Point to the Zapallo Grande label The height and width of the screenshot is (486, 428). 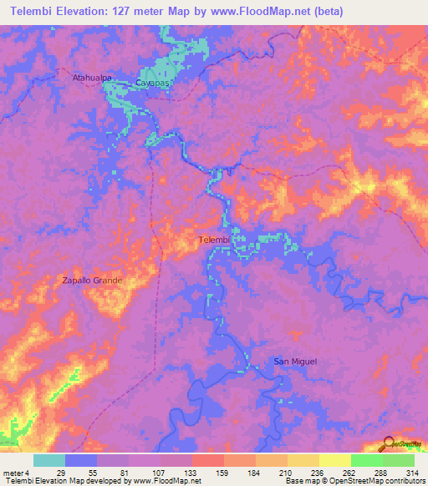pos(93,281)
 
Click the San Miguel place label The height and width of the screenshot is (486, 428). pos(294,361)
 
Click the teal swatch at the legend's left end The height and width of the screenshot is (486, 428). pos(49,460)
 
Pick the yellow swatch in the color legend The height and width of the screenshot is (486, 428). pos(335,460)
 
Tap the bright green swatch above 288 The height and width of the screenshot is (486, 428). pos(367,460)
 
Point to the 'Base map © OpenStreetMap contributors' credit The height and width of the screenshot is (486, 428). pos(353,481)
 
